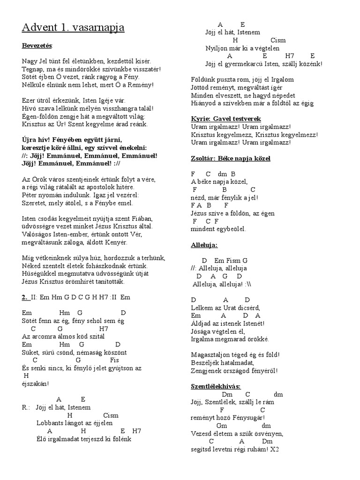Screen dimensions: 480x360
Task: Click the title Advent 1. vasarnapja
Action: pos(73,28)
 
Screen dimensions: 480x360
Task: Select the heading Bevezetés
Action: pos(37,46)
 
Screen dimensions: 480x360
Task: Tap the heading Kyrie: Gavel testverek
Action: pos(226,119)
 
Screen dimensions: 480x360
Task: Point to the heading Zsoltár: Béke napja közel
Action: pos(231,158)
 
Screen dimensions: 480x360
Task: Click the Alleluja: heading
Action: pos(204,245)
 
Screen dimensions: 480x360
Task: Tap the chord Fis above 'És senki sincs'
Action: pos(114,360)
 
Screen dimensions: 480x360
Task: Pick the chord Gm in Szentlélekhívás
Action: pos(222,426)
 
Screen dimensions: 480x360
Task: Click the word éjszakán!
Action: pos(35,384)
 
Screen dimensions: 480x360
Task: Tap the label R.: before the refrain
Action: pos(26,407)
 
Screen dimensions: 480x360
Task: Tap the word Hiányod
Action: pos(205,103)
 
